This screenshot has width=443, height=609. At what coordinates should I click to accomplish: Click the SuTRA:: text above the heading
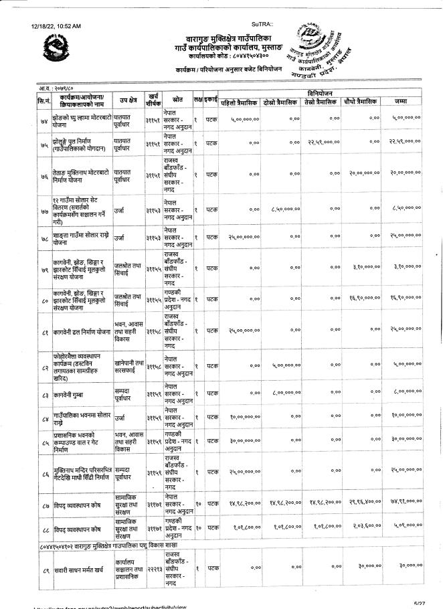click(262, 25)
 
